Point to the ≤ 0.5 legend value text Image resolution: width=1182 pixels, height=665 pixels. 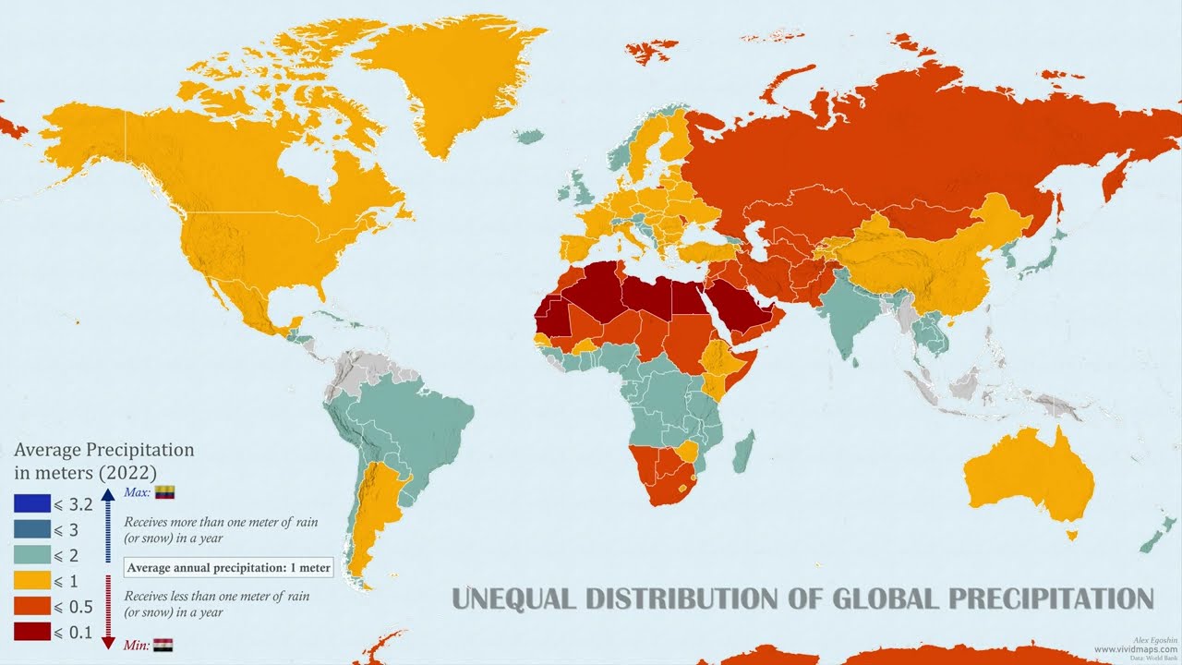pyautogui.click(x=75, y=607)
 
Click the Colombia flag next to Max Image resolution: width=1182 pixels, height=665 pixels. pyautogui.click(x=164, y=492)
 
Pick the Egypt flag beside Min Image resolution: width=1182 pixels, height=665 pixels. pyautogui.click(x=163, y=645)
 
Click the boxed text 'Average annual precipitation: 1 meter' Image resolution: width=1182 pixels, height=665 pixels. pyautogui.click(x=229, y=567)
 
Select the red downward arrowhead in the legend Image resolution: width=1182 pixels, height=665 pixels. pyautogui.click(x=107, y=641)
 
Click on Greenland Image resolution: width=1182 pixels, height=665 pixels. pyautogui.click(x=462, y=83)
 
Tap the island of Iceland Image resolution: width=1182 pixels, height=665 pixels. pyautogui.click(x=527, y=137)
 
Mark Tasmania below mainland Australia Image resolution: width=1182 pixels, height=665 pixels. pyautogui.click(x=1071, y=534)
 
